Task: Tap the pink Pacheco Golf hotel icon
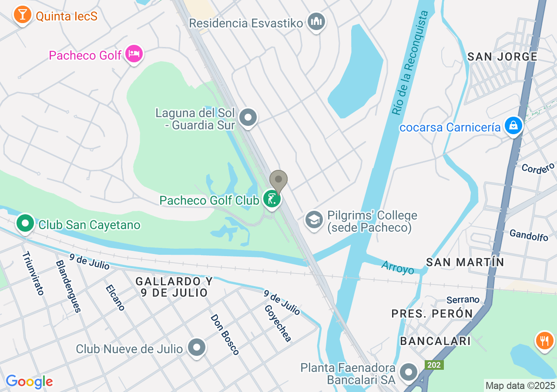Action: (134, 54)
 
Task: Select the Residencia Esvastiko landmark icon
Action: (316, 21)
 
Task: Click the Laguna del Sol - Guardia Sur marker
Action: (248, 117)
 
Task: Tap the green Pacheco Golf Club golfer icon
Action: (272, 199)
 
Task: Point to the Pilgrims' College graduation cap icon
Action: (314, 220)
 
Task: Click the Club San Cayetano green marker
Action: (25, 224)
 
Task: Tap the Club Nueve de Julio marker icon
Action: (196, 347)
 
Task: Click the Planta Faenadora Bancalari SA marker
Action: (409, 372)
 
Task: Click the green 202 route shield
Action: (434, 365)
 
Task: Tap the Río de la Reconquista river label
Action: (410, 63)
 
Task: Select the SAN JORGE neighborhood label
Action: (502, 57)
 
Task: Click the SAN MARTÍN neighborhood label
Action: (465, 262)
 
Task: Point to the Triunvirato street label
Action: (33, 274)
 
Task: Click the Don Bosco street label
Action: (225, 335)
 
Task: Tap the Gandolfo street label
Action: (529, 235)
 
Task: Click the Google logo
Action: (29, 382)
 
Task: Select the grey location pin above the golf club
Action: (278, 180)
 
